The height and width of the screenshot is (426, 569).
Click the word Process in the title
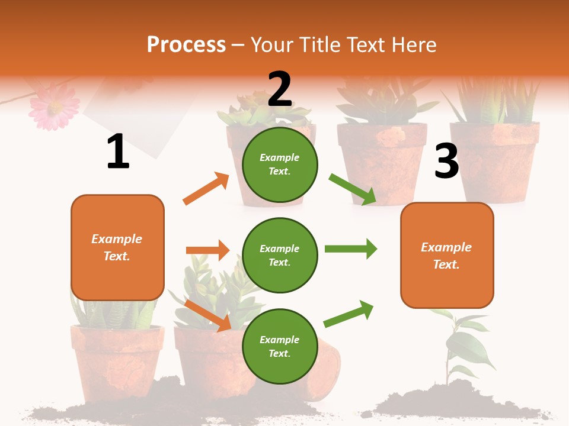point(186,44)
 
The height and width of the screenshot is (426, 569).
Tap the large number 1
point(118,152)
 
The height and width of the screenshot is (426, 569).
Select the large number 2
point(280,89)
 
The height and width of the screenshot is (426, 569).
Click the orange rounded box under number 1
point(117,247)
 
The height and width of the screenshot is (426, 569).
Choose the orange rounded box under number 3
point(447,255)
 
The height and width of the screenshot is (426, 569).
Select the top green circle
point(280,164)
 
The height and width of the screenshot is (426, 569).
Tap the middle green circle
point(280,255)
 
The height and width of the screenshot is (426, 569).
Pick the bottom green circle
point(280,346)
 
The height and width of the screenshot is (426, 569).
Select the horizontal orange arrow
point(207,250)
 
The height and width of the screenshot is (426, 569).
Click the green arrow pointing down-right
point(353,189)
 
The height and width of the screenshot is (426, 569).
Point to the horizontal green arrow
point(350,248)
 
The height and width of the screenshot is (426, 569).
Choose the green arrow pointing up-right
point(349,314)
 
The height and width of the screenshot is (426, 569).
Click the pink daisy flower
point(54,106)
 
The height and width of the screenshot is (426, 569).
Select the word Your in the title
point(273,44)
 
